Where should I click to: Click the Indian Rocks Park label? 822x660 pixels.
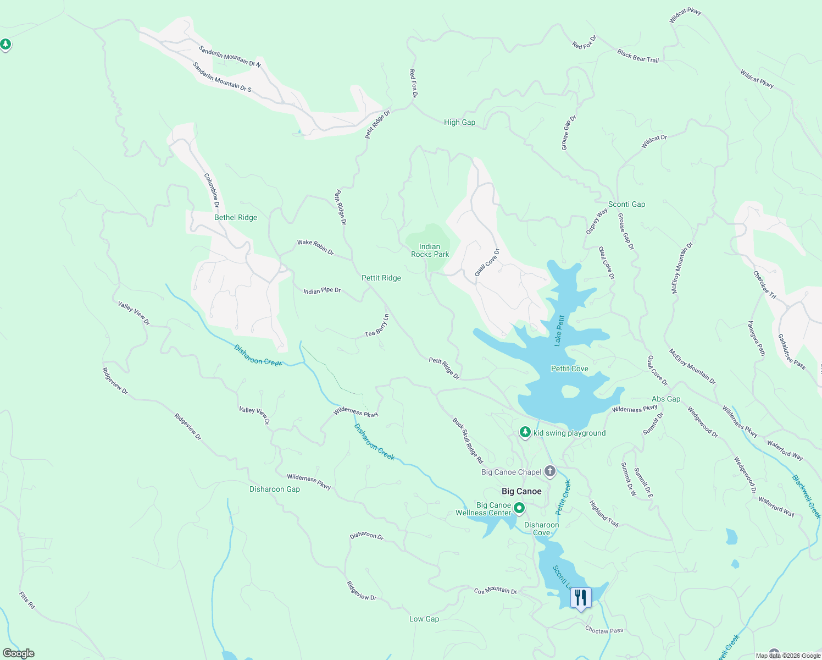tap(430, 250)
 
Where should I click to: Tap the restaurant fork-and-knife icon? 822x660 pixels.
tap(581, 597)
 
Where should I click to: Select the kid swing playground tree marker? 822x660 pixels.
tap(525, 433)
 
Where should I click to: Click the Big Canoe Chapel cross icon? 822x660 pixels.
tap(550, 471)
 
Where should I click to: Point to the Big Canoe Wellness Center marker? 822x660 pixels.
tap(519, 508)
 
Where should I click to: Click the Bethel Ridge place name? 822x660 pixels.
tap(236, 217)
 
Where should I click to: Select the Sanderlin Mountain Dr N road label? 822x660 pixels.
tap(230, 56)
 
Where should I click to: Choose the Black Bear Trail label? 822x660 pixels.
tap(637, 56)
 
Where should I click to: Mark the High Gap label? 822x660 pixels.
tap(459, 122)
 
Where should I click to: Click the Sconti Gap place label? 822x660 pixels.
tap(626, 204)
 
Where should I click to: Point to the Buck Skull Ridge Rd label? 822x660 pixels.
tap(468, 440)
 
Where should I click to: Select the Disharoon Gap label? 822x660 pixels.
tap(275, 489)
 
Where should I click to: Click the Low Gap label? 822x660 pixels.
tap(424, 619)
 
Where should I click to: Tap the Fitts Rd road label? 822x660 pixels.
tap(27, 600)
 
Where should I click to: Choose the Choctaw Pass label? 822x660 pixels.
tap(604, 630)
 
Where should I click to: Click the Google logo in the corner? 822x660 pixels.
tap(19, 653)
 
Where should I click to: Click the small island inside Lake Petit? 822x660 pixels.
tap(570, 391)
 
